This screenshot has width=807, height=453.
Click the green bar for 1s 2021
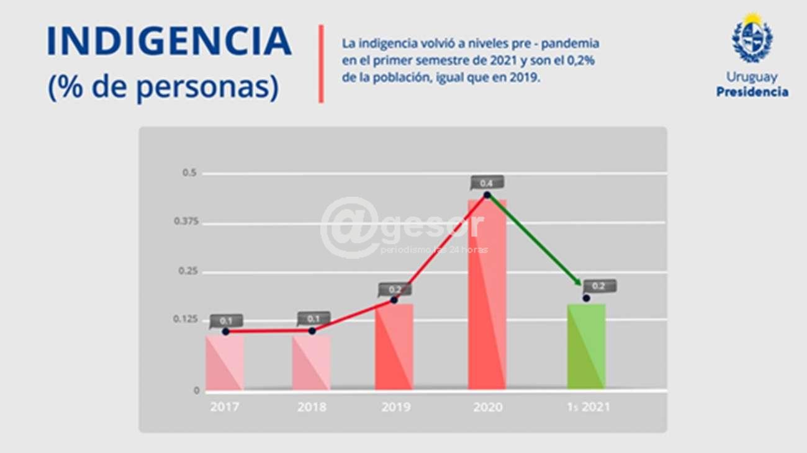pyautogui.click(x=586, y=346)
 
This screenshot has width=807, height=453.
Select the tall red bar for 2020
pyautogui.click(x=487, y=295)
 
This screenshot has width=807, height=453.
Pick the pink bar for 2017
pyautogui.click(x=225, y=362)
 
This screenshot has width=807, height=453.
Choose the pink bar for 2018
pyautogui.click(x=311, y=362)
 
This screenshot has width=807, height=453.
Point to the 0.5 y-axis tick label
pyautogui.click(x=189, y=173)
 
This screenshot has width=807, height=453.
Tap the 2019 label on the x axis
pyautogui.click(x=395, y=408)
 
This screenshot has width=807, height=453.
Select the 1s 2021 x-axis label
pyautogui.click(x=587, y=408)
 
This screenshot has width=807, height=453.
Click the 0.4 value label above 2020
pyautogui.click(x=487, y=183)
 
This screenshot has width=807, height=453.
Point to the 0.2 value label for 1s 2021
pyautogui.click(x=599, y=286)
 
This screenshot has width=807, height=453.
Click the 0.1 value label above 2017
pyautogui.click(x=226, y=321)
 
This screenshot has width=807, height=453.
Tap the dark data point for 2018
pyautogui.click(x=312, y=331)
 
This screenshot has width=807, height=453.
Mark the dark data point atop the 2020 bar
pyautogui.click(x=487, y=195)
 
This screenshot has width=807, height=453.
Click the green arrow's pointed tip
pyautogui.click(x=581, y=285)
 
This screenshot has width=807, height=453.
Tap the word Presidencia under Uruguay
pyautogui.click(x=752, y=92)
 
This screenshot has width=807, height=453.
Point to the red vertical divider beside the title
pyautogui.click(x=321, y=63)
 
